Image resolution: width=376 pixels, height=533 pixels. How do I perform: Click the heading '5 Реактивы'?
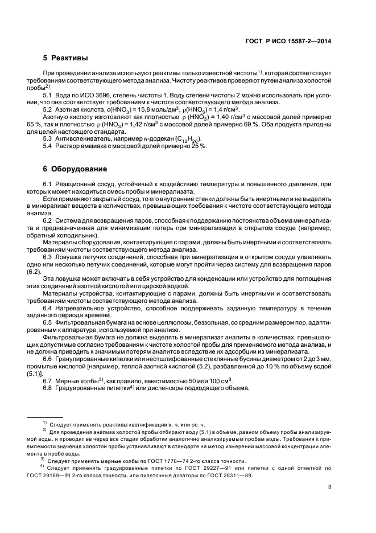tap(65, 58)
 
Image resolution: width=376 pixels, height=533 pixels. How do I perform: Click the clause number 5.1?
tap(48, 95)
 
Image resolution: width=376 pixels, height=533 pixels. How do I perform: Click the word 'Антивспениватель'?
tap(81, 139)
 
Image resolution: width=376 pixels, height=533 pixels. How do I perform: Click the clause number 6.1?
tap(48, 183)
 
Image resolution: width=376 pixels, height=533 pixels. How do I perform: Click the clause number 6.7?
tap(48, 380)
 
